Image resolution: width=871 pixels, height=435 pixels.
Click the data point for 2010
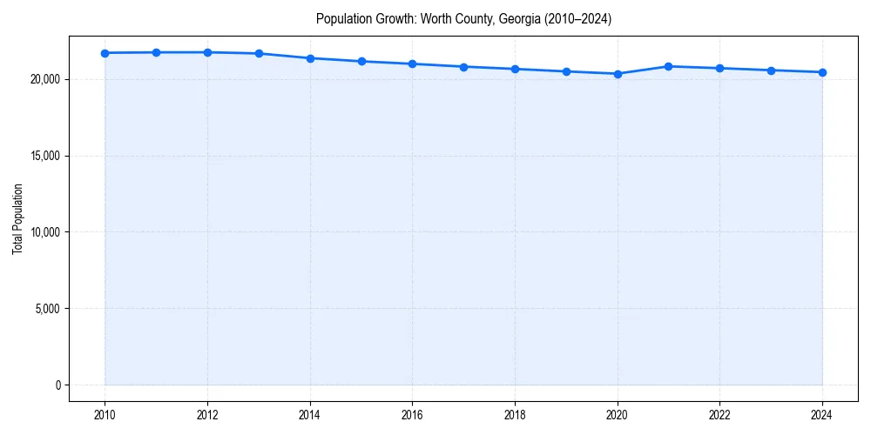click(105, 53)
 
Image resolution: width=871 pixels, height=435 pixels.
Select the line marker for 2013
click(259, 54)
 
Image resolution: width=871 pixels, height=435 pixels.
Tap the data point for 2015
click(361, 61)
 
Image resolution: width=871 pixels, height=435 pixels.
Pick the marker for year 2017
click(463, 67)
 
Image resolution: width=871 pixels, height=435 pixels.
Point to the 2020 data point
click(618, 74)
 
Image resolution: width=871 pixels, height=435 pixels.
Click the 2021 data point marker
click(668, 66)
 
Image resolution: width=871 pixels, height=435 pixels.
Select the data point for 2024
click(822, 72)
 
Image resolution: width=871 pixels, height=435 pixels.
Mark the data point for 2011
click(156, 52)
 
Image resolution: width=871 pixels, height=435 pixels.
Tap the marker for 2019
click(566, 71)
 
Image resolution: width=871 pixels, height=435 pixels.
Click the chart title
click(463, 19)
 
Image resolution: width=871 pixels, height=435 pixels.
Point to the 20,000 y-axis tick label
click(44, 79)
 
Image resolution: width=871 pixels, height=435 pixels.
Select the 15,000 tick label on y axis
click(44, 156)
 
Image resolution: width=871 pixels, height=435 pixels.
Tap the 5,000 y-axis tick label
click(47, 309)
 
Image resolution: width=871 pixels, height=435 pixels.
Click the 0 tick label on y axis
click(57, 385)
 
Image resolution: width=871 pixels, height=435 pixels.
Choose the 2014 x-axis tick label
click(310, 415)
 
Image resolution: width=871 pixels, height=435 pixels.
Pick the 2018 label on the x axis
click(515, 415)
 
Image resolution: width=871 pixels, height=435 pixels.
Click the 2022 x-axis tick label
click(719, 415)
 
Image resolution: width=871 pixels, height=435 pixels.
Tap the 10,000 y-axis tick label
click(44, 232)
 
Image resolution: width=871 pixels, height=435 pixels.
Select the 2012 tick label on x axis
click(207, 415)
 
